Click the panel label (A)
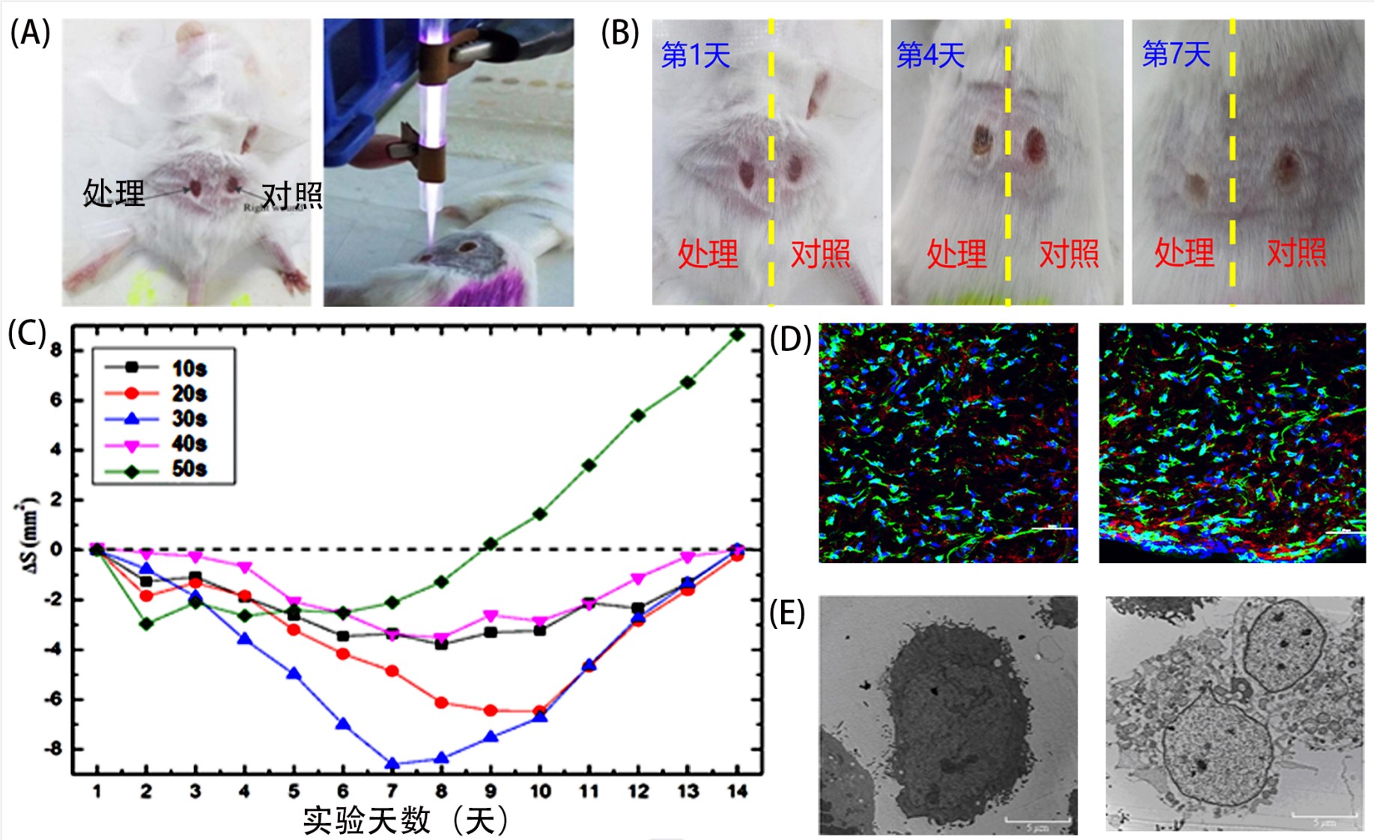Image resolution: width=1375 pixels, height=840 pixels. click(30, 34)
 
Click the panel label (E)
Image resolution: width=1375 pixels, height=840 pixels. click(787, 613)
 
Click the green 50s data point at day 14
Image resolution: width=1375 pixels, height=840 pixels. click(737, 335)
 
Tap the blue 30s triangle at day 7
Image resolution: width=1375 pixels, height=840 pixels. click(392, 764)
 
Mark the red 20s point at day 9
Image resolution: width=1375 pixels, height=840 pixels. click(491, 710)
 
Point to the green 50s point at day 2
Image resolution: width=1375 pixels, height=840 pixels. click(146, 623)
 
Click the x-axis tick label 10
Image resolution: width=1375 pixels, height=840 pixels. click(540, 791)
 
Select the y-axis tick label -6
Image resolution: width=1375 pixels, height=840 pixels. click(55, 699)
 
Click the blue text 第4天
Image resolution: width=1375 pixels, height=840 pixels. click(930, 55)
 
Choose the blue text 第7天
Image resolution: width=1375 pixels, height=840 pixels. click(1176, 54)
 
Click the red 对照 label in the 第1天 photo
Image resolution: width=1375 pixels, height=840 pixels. click(821, 255)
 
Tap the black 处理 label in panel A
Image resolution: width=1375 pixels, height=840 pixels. click(114, 193)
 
